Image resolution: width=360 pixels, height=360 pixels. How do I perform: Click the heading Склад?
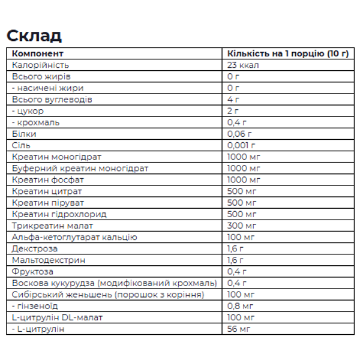(x=34, y=35)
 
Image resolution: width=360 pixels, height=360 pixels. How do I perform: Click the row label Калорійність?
(x=40, y=65)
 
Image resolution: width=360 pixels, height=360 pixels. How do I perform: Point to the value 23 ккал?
(x=244, y=65)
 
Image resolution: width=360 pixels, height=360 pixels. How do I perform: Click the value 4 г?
(x=234, y=99)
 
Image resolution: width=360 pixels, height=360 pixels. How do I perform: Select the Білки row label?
(x=25, y=134)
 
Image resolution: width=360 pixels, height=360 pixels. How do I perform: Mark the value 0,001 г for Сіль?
(x=242, y=145)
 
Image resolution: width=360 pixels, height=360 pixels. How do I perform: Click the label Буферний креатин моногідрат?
(x=80, y=168)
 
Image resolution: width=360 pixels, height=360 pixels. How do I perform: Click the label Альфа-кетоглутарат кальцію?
(x=74, y=237)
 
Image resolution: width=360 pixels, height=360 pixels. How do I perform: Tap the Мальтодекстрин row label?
(x=49, y=260)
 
